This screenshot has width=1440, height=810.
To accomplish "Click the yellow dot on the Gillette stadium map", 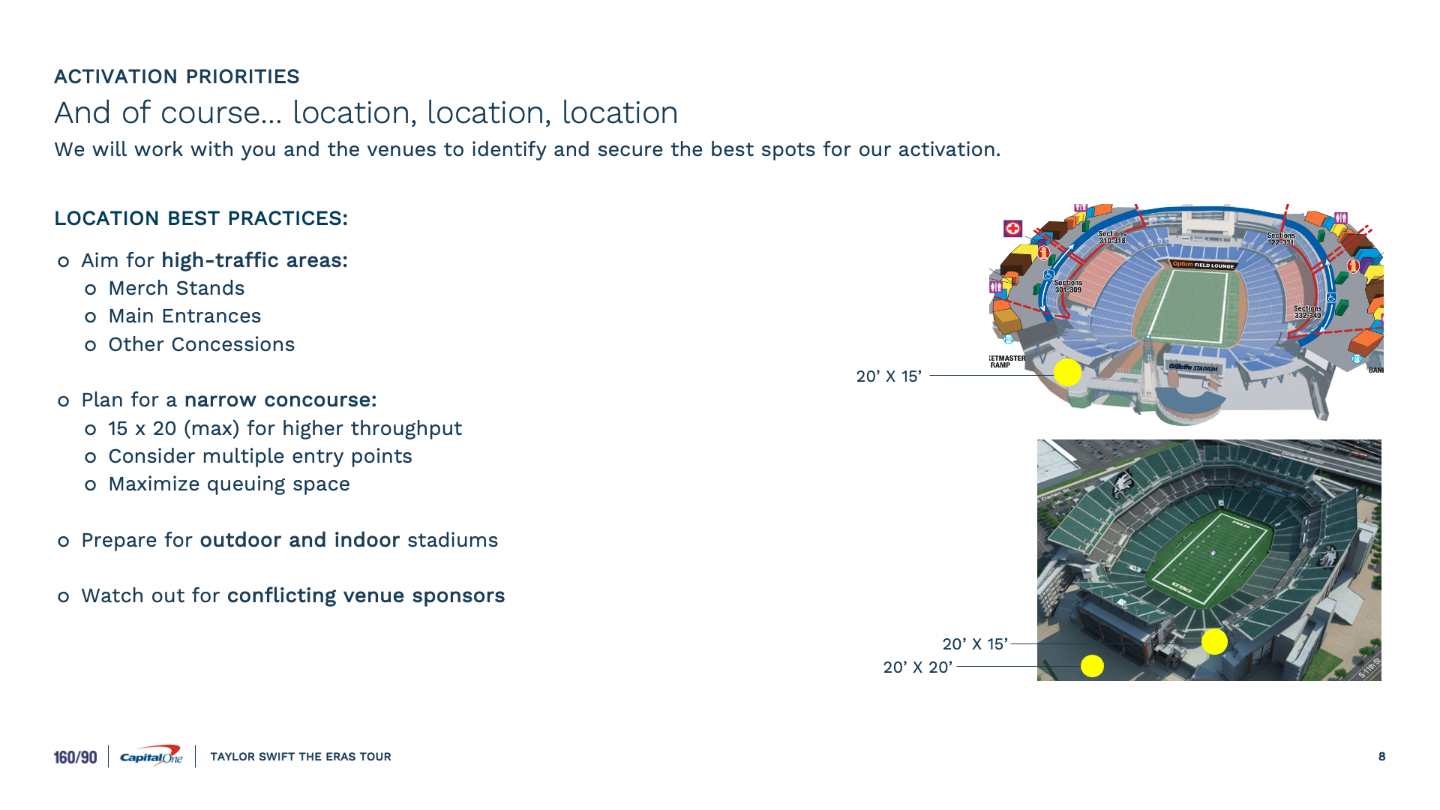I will (x=1067, y=372).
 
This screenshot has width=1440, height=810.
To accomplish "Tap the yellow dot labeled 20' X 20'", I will (x=1092, y=666).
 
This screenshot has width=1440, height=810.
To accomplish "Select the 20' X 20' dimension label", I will (x=917, y=667).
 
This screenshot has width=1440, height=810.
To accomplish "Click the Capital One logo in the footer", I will (x=151, y=756).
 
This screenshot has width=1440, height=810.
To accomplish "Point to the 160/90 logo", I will (x=75, y=757).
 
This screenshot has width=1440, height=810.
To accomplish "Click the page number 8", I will (x=1381, y=756).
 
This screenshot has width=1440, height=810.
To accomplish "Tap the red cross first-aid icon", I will (x=1012, y=228).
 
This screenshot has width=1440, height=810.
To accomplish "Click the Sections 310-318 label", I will (x=1112, y=238).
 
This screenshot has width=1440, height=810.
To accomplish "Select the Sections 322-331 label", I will (x=1281, y=238).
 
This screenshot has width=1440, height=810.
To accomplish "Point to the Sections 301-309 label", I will (x=1068, y=286).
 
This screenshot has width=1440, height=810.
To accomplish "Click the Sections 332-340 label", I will (x=1307, y=312).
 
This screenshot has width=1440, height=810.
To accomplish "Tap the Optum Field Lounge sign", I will (x=1203, y=265).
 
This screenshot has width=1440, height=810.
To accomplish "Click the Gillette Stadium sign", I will (x=1192, y=367).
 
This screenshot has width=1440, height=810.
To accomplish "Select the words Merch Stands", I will (x=176, y=288).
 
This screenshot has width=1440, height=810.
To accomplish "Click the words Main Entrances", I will (x=184, y=316).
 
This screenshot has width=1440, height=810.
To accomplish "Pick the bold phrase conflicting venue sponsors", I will (x=366, y=595).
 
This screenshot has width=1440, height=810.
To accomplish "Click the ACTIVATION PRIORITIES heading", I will (x=176, y=76).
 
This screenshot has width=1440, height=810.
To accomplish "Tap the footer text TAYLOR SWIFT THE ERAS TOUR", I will (x=300, y=756).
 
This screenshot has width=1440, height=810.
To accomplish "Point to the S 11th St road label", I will (x=1369, y=667).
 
